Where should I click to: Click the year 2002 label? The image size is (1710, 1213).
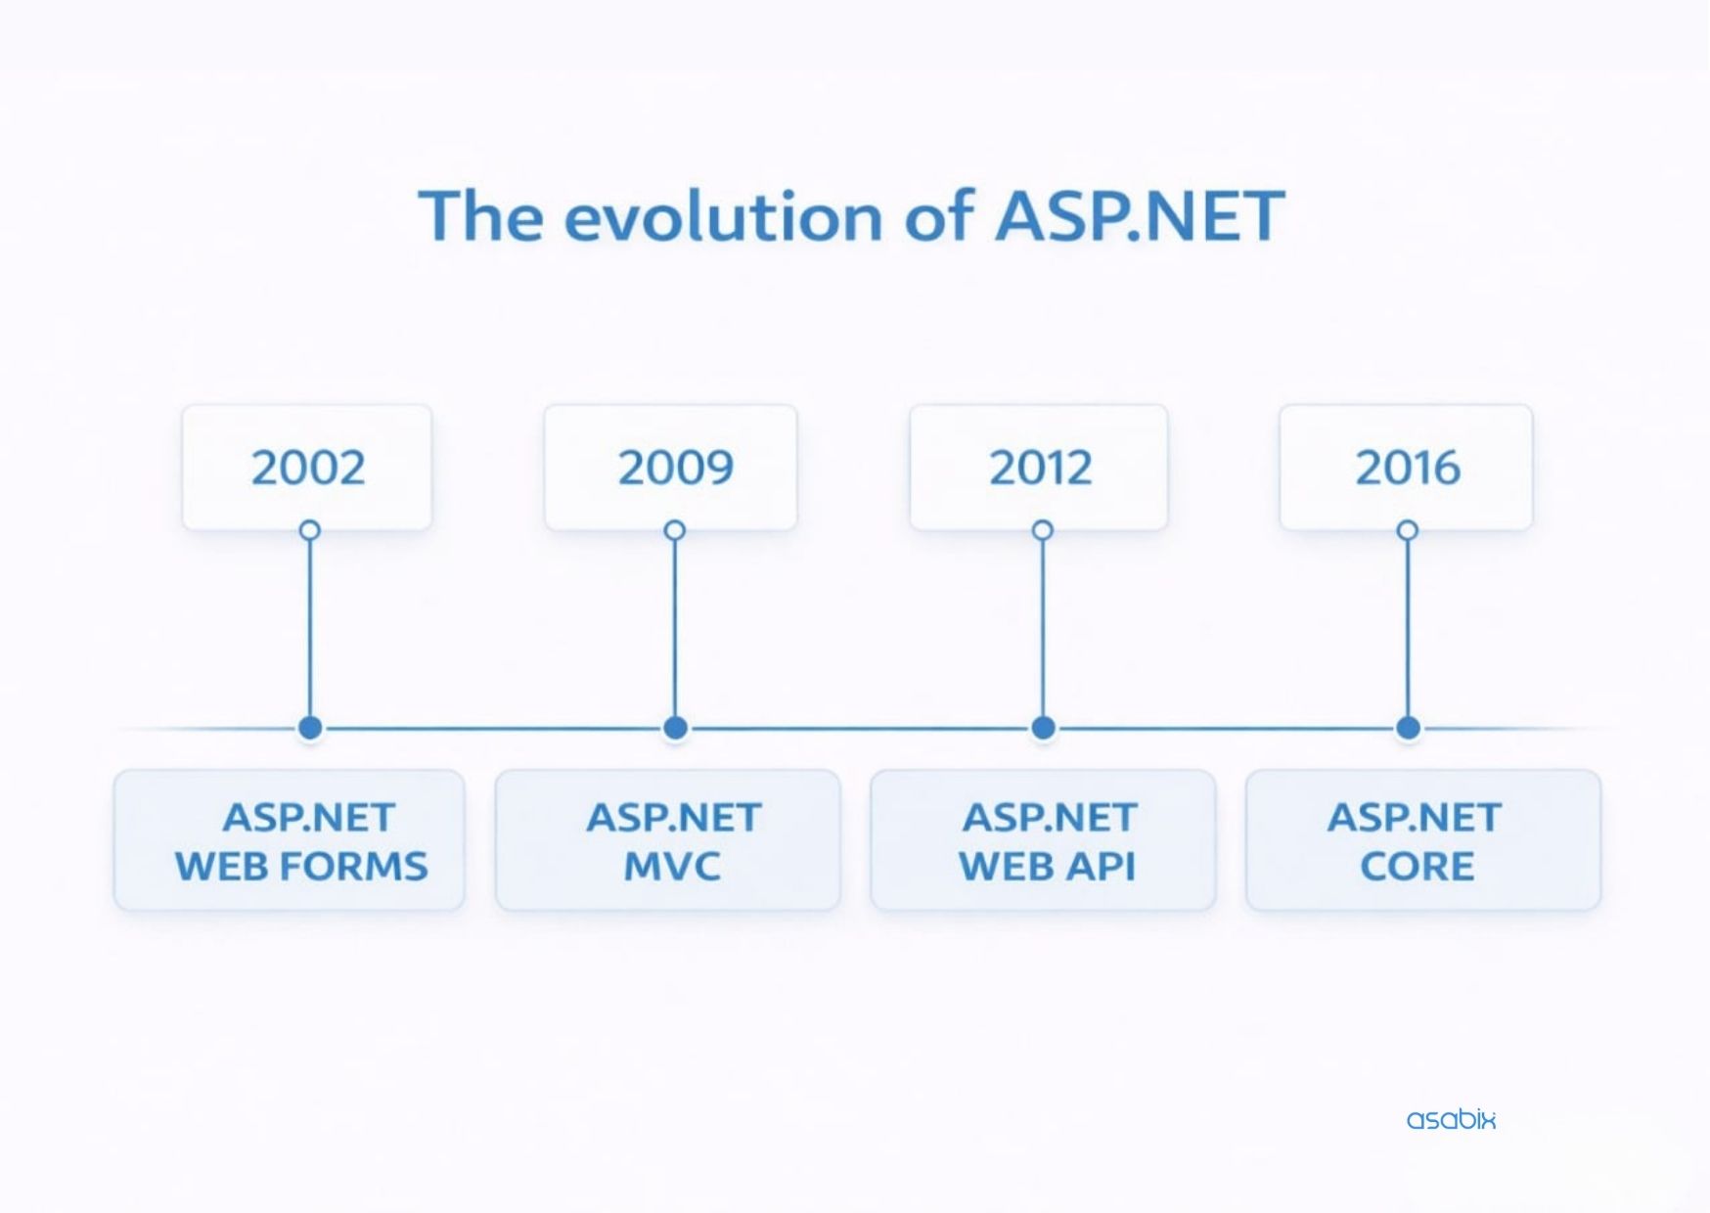pos(308,468)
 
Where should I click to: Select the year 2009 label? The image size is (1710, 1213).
pos(675,468)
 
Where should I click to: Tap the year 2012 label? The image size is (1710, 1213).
pos(1040,468)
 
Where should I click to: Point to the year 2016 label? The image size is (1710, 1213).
pos(1408,468)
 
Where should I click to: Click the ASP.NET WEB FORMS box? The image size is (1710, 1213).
pos(290,840)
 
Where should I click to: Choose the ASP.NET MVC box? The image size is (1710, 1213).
pos(668,840)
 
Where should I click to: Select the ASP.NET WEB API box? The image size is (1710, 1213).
pos(1043,840)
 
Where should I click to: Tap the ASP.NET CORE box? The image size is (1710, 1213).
pos(1423,840)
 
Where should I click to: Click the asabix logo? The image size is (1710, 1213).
pos(1451,1119)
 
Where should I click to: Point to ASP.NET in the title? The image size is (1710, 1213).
pos(1139,216)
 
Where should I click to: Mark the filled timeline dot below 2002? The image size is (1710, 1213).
pos(310,728)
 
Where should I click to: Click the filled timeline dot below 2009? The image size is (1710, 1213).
pos(675,728)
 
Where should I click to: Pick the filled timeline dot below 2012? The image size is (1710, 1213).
pos(1043,728)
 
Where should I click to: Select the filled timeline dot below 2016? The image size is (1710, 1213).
pos(1408,728)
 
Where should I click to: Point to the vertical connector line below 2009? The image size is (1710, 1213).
pos(675,628)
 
